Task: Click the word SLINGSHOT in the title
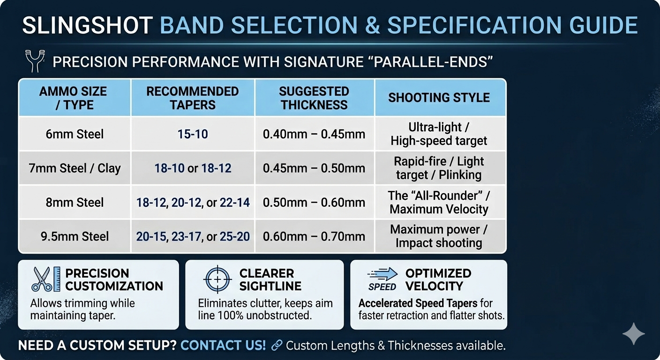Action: pyautogui.click(x=87, y=26)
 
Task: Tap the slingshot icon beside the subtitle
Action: pyautogui.click(x=34, y=62)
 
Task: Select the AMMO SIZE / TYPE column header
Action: pyautogui.click(x=75, y=98)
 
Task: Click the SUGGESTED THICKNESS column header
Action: pyautogui.click(x=314, y=98)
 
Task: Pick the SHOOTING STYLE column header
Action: pyautogui.click(x=439, y=98)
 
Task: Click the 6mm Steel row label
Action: pyautogui.click(x=75, y=134)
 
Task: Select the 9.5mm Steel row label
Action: pyautogui.click(x=75, y=236)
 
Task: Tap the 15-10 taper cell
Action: pyautogui.click(x=193, y=134)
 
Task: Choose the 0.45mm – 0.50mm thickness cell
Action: pyautogui.click(x=314, y=168)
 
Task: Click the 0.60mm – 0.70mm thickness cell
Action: pyautogui.click(x=314, y=237)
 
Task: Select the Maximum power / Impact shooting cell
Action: pyautogui.click(x=439, y=236)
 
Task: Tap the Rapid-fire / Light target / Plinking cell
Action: pyautogui.click(x=439, y=168)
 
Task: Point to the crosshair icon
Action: pyautogui.click(x=217, y=279)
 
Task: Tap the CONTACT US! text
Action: pyautogui.click(x=223, y=346)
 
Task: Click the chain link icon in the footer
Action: pyautogui.click(x=277, y=346)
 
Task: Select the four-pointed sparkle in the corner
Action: pyautogui.click(x=633, y=333)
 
